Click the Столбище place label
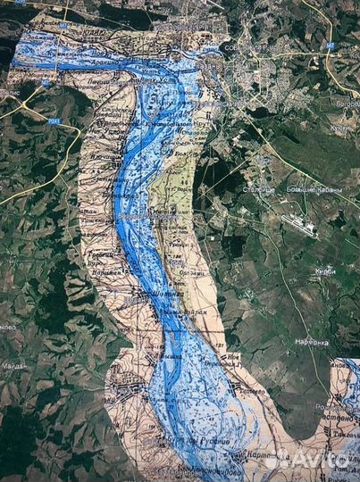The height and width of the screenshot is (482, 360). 260,189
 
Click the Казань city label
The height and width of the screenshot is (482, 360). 210,66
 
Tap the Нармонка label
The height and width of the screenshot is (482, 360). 312,342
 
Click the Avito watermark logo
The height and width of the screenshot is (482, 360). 313,461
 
